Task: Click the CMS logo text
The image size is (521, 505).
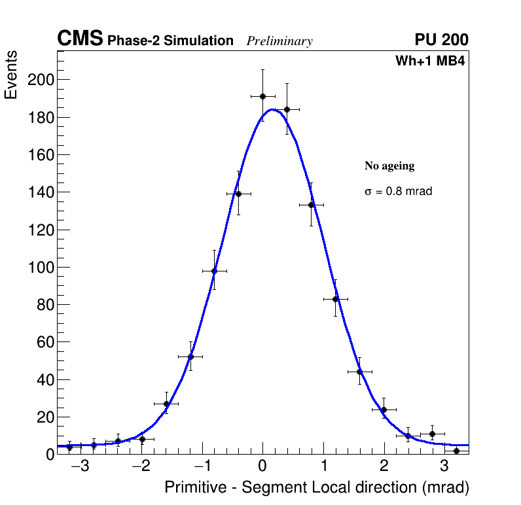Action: point(80,39)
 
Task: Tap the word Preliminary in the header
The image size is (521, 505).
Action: point(279,41)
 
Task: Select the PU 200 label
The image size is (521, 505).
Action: point(441,40)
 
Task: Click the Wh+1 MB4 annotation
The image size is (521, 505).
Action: point(429,61)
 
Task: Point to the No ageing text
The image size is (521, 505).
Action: point(389,166)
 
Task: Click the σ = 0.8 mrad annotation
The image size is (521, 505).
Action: point(398,192)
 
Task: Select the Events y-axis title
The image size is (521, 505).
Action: point(11,75)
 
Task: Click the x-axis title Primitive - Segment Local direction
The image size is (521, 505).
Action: point(317,487)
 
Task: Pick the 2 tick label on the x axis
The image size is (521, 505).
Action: point(384,467)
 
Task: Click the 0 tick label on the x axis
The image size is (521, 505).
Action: point(262,467)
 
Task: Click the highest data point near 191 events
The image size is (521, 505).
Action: point(262,96)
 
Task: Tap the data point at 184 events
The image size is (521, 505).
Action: point(287,109)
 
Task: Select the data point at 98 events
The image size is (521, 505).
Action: point(214,271)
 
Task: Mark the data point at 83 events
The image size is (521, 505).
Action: point(335,299)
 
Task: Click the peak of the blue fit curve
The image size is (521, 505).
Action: point(272,109)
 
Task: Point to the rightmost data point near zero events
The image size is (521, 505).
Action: point(456,451)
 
